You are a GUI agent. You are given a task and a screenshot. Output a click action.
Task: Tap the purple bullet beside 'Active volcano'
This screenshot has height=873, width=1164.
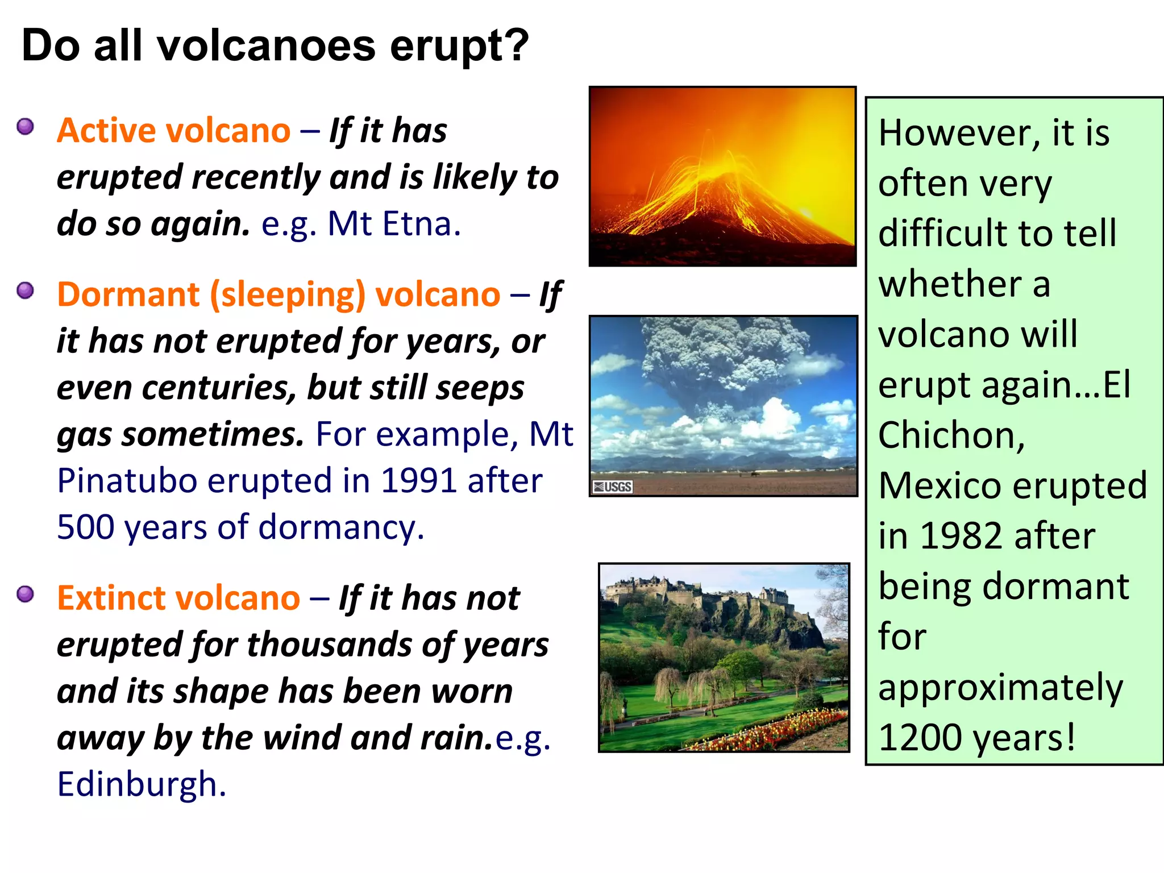click(x=26, y=126)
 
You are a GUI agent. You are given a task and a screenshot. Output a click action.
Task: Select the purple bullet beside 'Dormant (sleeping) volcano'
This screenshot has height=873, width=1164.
click(x=26, y=290)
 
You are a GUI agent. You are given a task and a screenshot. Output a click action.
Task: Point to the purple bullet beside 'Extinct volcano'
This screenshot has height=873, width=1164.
click(x=26, y=594)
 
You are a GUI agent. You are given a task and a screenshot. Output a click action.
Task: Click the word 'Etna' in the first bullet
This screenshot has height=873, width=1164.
click(x=419, y=223)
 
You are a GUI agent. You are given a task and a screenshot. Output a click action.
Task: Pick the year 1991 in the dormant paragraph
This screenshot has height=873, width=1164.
click(x=418, y=481)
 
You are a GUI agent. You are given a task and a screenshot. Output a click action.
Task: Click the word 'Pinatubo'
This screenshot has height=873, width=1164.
click(x=127, y=481)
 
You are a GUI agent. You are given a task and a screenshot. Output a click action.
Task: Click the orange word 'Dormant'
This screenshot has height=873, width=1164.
click(x=128, y=294)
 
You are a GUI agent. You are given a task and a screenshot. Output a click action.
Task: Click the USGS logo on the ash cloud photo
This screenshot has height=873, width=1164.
click(x=613, y=487)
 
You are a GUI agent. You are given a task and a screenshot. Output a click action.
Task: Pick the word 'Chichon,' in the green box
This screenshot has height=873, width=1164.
click(x=951, y=435)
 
